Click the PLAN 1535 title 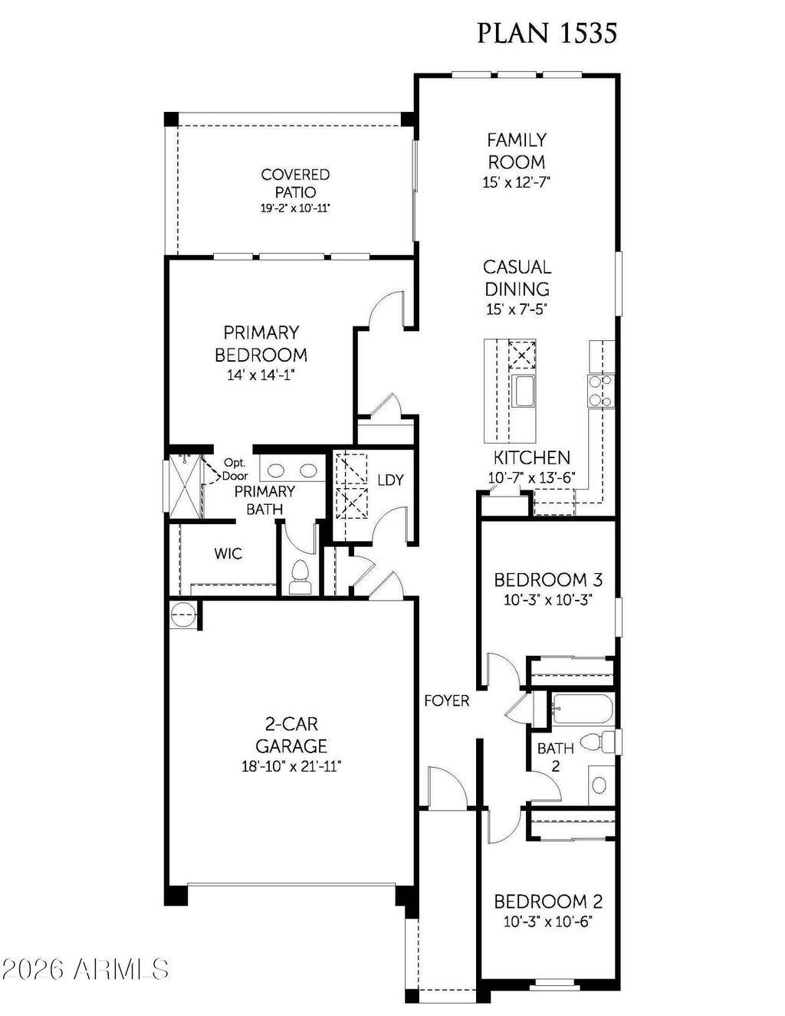pos(547,33)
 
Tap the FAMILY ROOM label pos(517,151)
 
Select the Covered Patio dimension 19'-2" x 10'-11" pos(294,208)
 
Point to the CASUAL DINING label pos(517,278)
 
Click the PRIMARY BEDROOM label pos(261,344)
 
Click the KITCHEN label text pos(531,457)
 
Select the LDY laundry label pos(390,480)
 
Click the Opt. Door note pos(235,469)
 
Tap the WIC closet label pos(228,553)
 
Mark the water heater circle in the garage pos(182,615)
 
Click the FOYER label pos(447,700)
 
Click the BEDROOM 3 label pos(547,579)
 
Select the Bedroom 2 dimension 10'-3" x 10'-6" pos(547,922)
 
